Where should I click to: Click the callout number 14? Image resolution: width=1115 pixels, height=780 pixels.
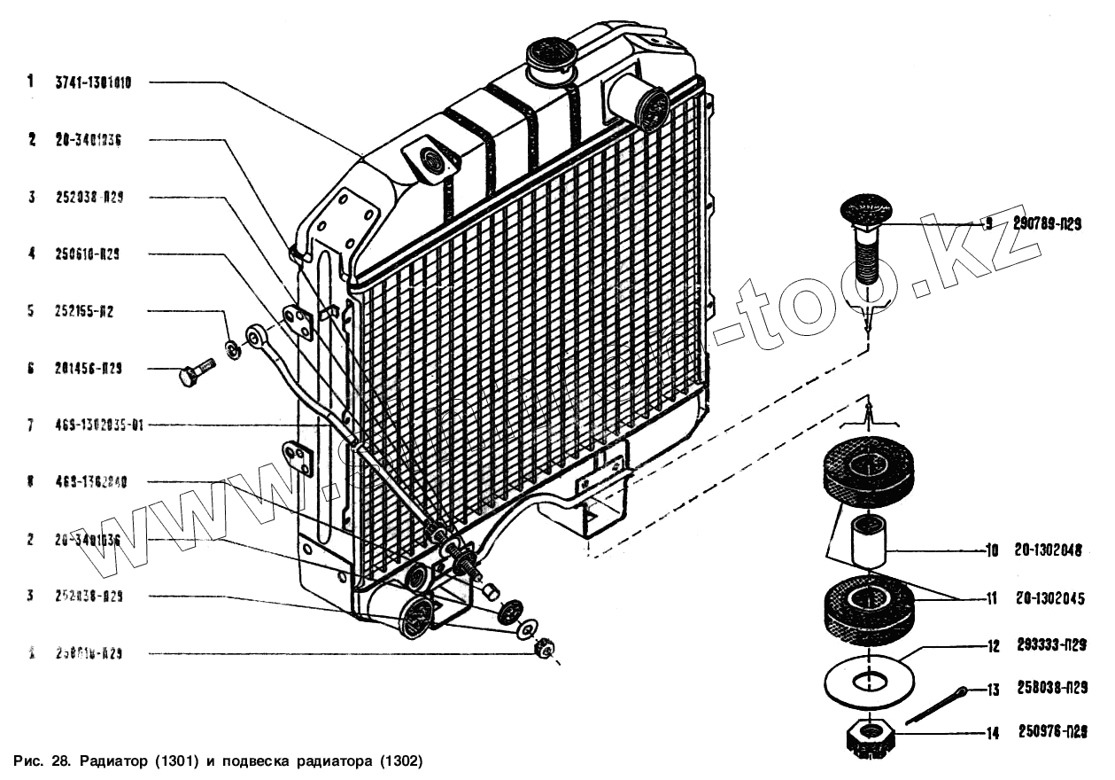pyautogui.click(x=992, y=733)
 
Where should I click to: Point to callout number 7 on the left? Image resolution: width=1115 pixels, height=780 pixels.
pyautogui.click(x=30, y=425)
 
